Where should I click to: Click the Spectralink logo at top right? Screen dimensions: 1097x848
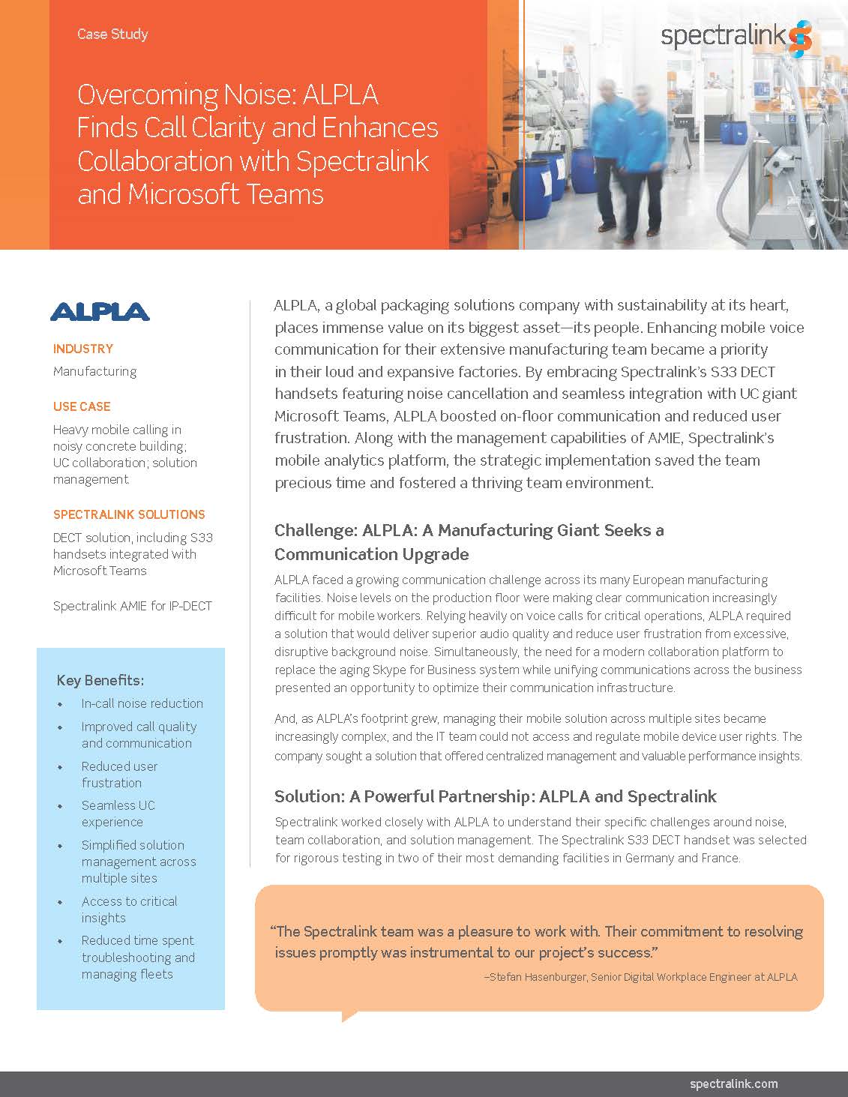[736, 37]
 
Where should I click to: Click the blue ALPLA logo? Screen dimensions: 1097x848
[100, 311]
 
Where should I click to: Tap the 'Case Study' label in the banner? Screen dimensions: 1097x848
[112, 34]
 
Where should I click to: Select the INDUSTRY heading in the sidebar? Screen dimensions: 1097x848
[83, 349]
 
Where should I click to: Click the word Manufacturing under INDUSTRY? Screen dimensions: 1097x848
[94, 371]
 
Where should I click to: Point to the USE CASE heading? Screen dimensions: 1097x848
[82, 406]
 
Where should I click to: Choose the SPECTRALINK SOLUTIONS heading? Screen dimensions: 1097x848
[129, 514]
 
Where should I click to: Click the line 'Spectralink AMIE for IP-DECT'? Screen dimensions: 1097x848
[133, 605]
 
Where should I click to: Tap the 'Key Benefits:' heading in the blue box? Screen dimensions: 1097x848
[100, 680]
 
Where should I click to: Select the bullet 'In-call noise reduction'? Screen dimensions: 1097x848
[142, 703]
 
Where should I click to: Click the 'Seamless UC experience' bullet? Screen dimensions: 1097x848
[118, 814]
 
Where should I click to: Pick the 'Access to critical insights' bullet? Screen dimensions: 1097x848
[129, 910]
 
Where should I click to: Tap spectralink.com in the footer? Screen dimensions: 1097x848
[733, 1084]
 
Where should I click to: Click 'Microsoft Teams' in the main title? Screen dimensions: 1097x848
[226, 194]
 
